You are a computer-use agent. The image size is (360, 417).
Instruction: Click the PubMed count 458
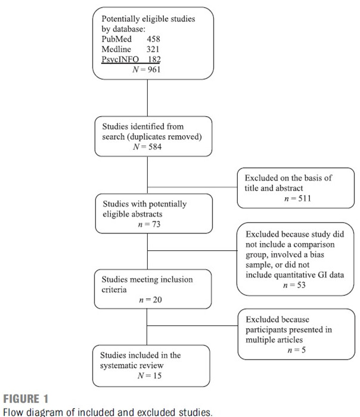coord(153,39)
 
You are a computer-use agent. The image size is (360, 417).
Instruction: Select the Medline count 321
coord(153,49)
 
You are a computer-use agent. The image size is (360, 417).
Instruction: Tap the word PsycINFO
coord(120,59)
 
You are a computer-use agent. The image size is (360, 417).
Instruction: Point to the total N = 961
coord(147,70)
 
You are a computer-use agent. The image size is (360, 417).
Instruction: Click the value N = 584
coord(147,147)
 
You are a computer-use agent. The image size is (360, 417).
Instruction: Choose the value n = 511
coord(297,198)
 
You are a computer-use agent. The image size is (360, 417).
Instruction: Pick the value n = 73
coord(149,225)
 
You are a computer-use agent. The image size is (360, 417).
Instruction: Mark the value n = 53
coord(294,285)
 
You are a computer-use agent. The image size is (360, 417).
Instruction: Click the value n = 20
coord(150,300)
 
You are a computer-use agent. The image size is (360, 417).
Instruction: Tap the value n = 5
coord(296,350)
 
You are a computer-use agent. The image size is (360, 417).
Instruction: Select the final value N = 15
coord(150,375)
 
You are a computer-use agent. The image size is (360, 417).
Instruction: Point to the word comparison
coord(314,245)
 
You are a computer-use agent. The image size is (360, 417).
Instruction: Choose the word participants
coord(266,330)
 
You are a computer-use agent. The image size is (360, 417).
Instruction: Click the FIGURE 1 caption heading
coord(26,399)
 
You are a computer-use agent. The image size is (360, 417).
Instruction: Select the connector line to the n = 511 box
coord(193,187)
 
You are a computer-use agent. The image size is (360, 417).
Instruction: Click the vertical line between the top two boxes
coord(147,98)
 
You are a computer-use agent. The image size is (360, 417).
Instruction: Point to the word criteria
coord(114,290)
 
